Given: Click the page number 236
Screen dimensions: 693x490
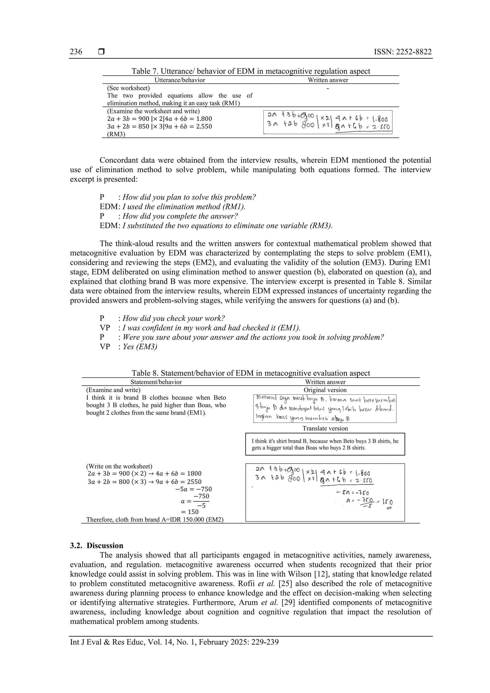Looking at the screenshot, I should point(76,52).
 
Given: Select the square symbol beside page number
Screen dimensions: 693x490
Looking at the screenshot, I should point(101,52).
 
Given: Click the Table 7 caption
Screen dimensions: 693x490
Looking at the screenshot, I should point(251,71).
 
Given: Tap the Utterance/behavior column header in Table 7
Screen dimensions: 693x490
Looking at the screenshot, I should point(180,80).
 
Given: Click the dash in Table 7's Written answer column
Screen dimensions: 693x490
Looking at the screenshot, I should point(328,88).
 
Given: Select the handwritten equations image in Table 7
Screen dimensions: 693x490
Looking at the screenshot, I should point(328,122).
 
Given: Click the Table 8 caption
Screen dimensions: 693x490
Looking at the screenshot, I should point(251,373).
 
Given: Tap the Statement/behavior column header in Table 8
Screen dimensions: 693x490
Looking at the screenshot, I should point(156,382).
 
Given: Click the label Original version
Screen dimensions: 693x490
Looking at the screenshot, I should point(325,390).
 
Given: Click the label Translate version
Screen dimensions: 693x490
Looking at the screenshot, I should point(325,428).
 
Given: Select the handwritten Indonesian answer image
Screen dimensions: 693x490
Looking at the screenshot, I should point(325,408).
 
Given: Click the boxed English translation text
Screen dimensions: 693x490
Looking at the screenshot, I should point(325,444).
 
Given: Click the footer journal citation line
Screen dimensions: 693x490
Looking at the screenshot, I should point(174,642).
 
